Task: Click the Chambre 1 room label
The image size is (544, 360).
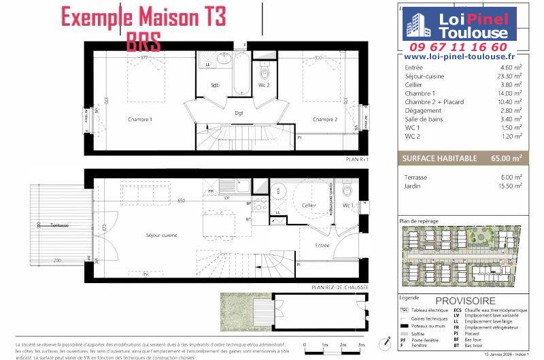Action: click(x=140, y=120)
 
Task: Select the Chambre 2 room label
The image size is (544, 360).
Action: click(x=325, y=120)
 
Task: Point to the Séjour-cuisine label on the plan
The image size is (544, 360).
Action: click(x=162, y=235)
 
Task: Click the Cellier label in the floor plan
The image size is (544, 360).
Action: click(x=309, y=205)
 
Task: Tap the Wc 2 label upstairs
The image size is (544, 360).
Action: click(x=264, y=85)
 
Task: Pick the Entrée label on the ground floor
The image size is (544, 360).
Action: click(x=322, y=244)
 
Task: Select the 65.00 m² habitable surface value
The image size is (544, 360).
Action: click(x=508, y=158)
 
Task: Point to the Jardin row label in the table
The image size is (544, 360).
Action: click(x=413, y=186)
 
